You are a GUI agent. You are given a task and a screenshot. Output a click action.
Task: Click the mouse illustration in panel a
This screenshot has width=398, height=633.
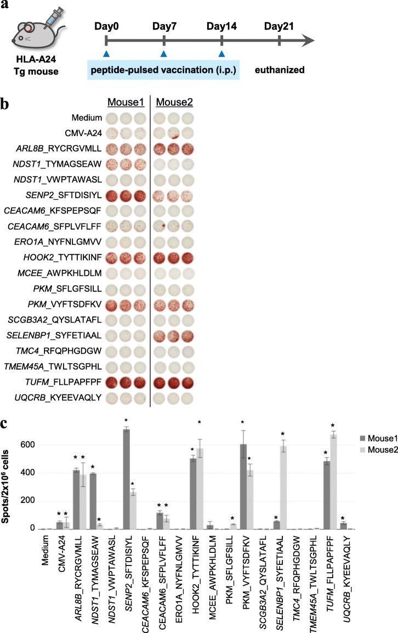[33, 32]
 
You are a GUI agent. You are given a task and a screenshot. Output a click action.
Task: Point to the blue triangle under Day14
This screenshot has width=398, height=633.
[221, 53]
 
